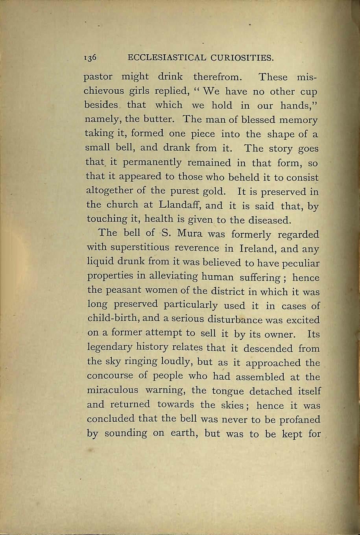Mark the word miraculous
[x=113, y=391]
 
